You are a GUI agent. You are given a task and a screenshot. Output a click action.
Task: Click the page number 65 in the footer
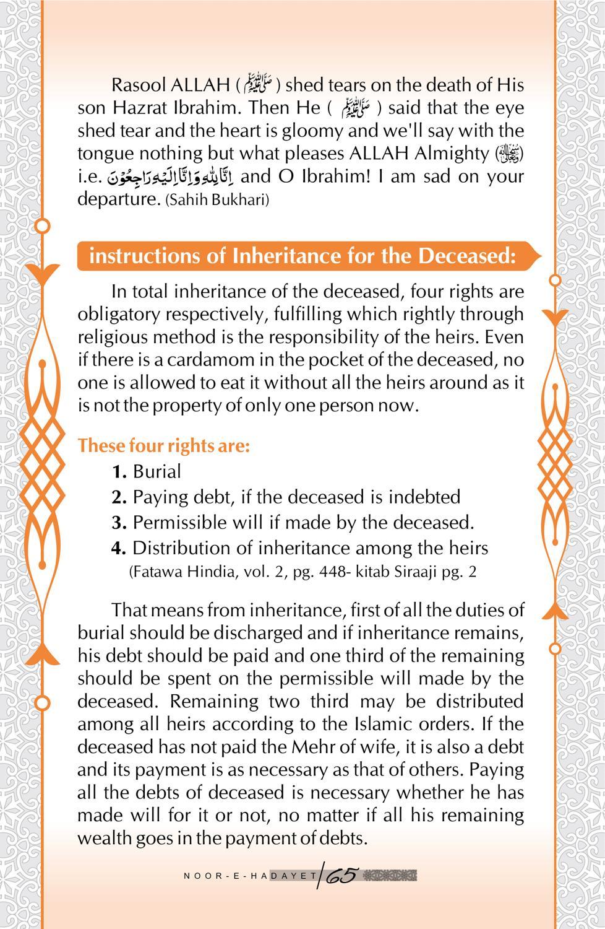click(341, 876)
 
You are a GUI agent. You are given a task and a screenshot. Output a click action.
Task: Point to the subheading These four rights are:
click(164, 446)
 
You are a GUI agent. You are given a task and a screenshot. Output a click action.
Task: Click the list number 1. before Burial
click(119, 472)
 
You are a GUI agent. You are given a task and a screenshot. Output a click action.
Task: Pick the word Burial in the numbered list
click(157, 472)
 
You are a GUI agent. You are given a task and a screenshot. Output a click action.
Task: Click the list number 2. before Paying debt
click(119, 497)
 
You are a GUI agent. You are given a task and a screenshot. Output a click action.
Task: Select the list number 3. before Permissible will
click(119, 523)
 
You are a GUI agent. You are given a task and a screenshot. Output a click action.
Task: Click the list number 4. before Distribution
click(119, 548)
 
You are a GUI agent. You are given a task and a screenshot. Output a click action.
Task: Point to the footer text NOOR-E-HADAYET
click(251, 876)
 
